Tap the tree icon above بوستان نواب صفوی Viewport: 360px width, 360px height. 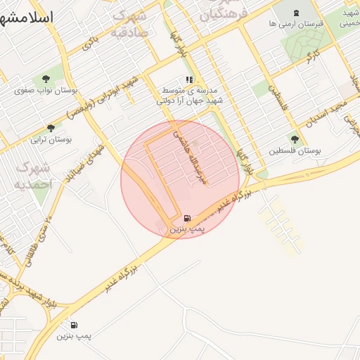tap(46, 79)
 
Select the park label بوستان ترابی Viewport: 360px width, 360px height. tap(51, 140)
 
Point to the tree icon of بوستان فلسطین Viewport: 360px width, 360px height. tap(295, 139)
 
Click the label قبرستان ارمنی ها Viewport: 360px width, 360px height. tap(295, 24)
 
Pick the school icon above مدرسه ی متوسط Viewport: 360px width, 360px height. tap(188, 80)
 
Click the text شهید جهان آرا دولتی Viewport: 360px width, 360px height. tap(189, 101)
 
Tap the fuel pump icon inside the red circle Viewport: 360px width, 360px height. tap(186, 218)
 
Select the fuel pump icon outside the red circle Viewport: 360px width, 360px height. tap(74, 325)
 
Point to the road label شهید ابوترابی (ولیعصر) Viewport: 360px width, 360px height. tap(105, 96)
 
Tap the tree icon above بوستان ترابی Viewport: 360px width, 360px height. tap(51, 128)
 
